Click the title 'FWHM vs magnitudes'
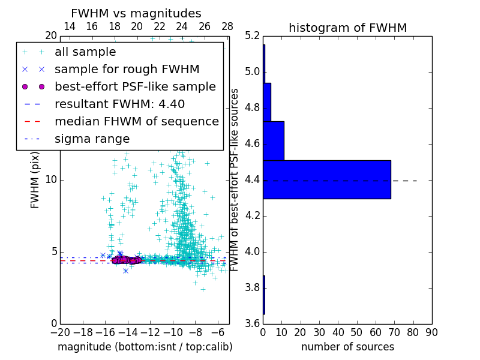coord(136,14)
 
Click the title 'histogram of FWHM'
coord(347,28)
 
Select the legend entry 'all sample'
coord(85,52)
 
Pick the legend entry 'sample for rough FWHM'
coord(127,70)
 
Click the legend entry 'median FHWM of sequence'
coord(136,121)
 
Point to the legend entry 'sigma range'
coord(92,139)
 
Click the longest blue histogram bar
coord(327,179)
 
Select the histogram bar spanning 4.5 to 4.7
coord(274,141)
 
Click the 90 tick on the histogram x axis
coord(431,332)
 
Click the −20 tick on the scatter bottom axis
coord(60,332)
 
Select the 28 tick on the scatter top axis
coord(227,26)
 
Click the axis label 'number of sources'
coord(347,347)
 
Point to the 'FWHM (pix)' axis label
coord(35,179)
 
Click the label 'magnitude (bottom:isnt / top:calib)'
coord(145,347)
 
